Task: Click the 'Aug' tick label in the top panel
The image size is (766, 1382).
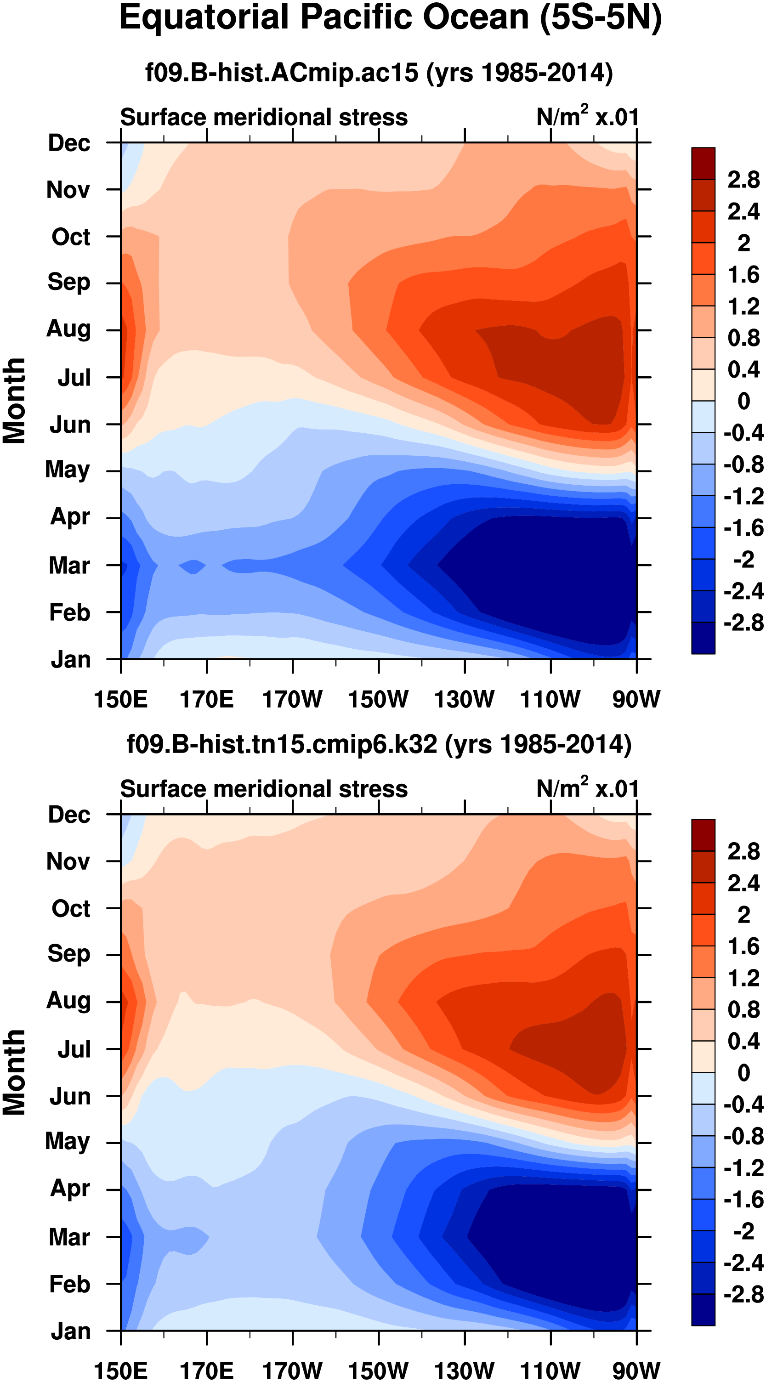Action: coord(68,329)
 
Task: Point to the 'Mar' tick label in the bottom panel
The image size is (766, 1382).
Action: coord(69,1237)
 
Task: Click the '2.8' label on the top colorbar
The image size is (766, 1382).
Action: coord(743,180)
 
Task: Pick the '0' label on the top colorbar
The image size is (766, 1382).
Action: coord(743,401)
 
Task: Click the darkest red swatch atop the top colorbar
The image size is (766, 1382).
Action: coord(703,163)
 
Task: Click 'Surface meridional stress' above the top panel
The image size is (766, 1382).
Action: coord(263,117)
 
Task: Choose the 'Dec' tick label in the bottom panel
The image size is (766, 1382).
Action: coord(69,815)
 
